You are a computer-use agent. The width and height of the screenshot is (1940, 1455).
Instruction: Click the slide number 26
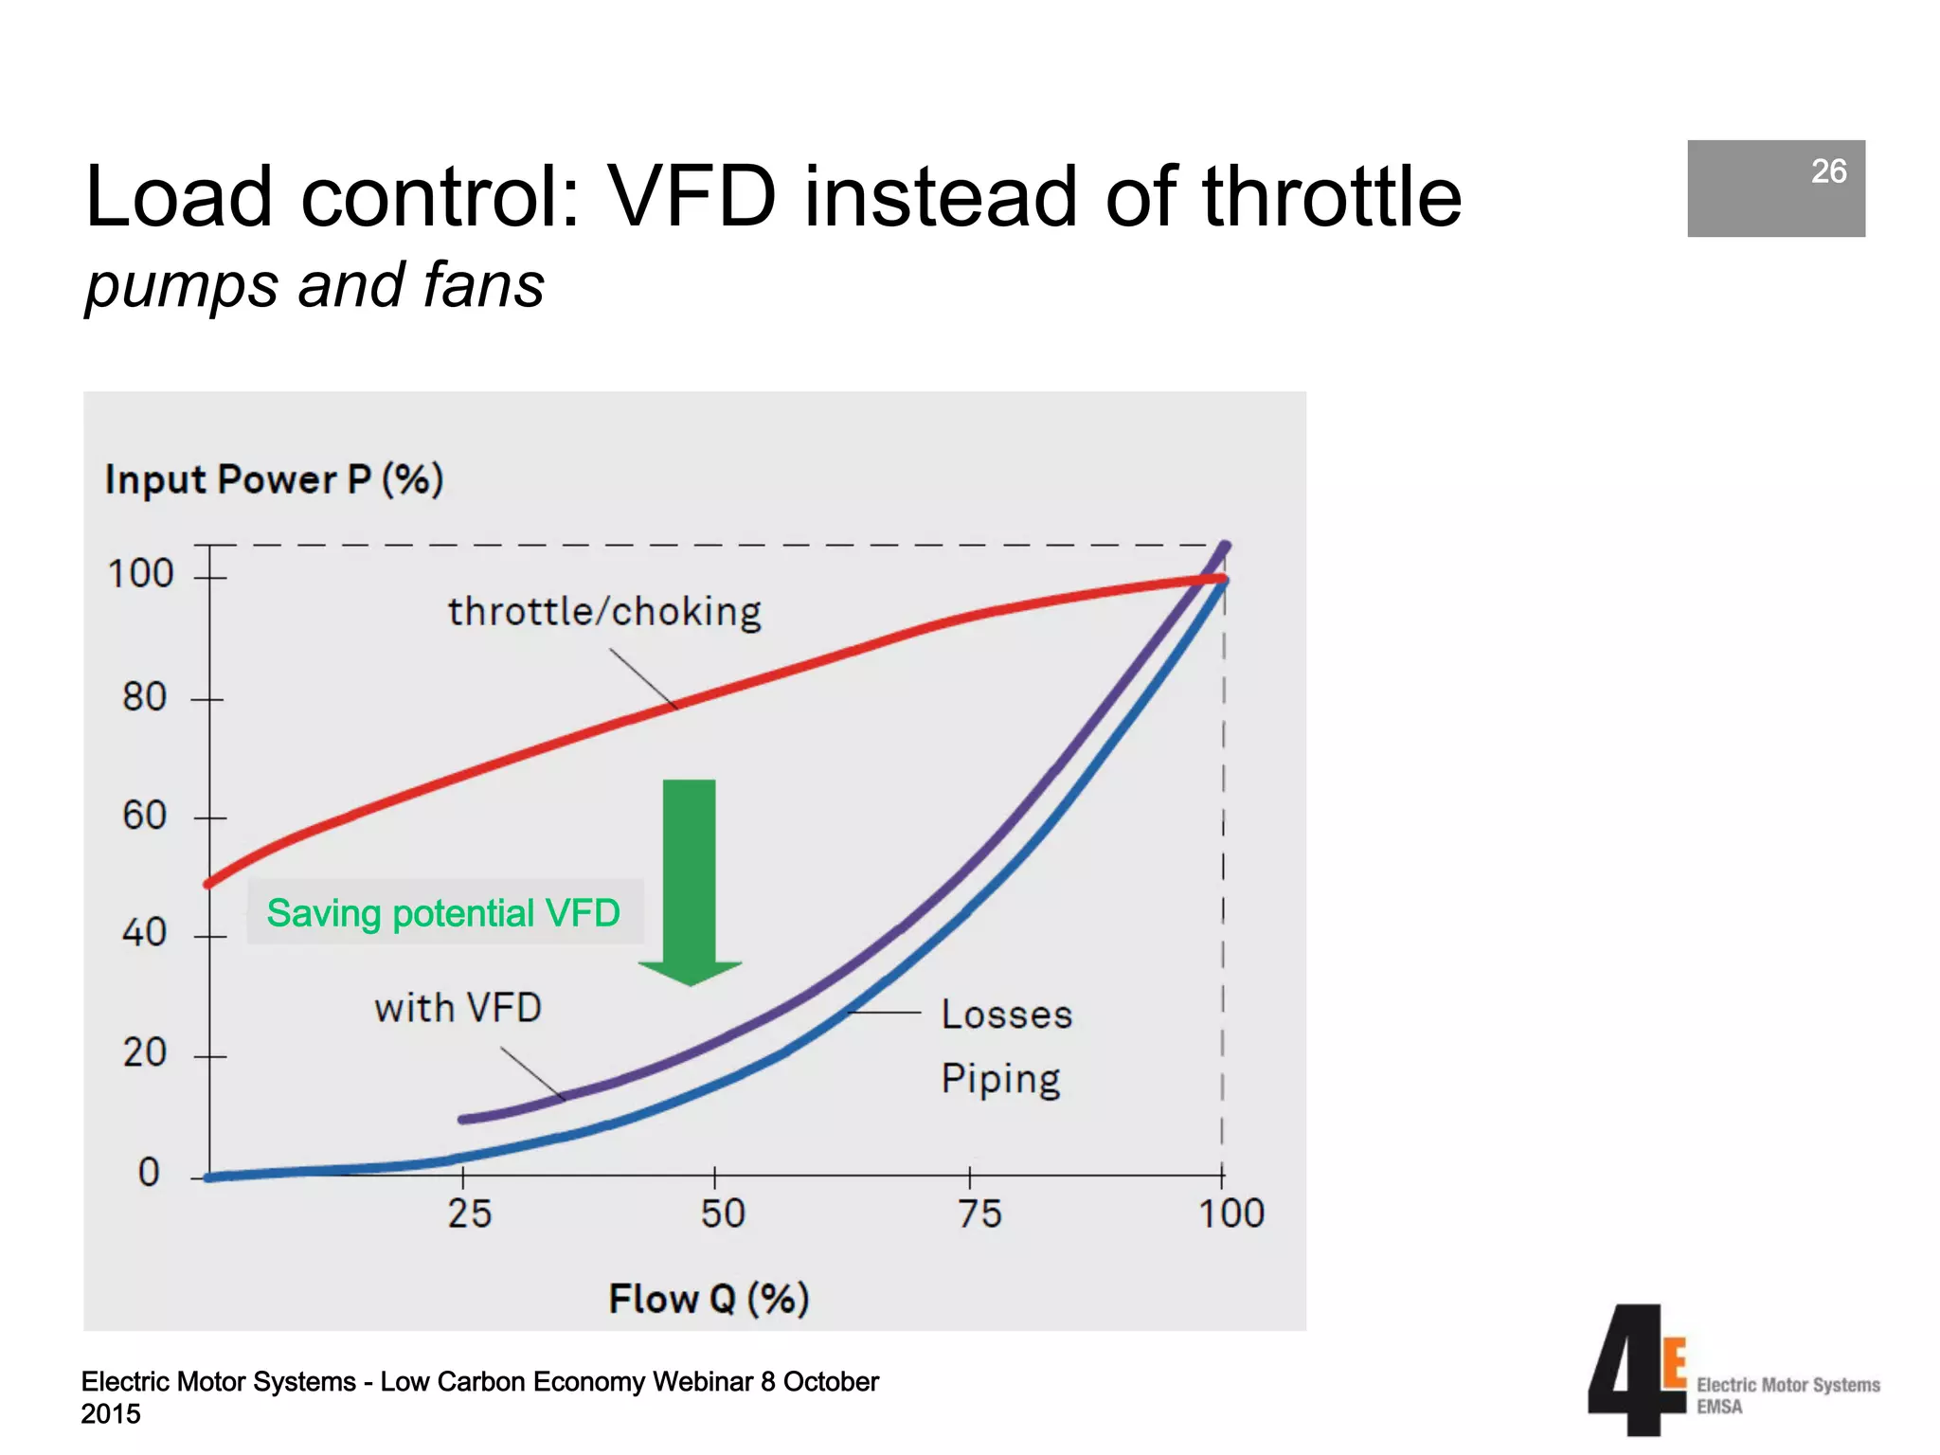(1827, 171)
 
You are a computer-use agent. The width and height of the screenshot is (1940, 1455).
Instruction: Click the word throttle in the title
(1331, 197)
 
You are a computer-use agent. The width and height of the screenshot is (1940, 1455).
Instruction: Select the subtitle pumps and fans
(314, 285)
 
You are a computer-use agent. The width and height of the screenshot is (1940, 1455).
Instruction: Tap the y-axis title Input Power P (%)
(275, 479)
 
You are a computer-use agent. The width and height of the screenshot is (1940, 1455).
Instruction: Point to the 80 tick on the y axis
(145, 698)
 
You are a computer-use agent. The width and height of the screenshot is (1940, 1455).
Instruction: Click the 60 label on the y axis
(145, 817)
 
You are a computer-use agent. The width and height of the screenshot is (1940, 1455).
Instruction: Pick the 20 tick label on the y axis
(145, 1053)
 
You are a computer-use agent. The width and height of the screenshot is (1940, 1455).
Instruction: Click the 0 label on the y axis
(149, 1173)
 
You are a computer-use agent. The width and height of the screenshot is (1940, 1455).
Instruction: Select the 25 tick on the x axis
(470, 1213)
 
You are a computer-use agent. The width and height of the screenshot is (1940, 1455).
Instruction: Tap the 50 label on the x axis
(723, 1213)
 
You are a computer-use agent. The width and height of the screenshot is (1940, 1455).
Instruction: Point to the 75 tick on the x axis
(979, 1213)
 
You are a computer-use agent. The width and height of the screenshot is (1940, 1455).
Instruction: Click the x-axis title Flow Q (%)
(709, 1299)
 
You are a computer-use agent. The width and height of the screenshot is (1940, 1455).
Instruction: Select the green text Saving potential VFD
(443, 913)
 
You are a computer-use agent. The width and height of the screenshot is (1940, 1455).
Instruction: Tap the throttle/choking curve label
(604, 612)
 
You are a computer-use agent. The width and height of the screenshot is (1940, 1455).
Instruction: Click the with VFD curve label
(458, 1008)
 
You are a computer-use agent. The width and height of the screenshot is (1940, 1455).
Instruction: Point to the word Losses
(1006, 1015)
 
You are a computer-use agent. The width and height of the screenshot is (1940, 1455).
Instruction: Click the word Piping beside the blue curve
(1000, 1080)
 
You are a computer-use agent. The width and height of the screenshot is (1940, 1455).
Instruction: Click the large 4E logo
(1637, 1370)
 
